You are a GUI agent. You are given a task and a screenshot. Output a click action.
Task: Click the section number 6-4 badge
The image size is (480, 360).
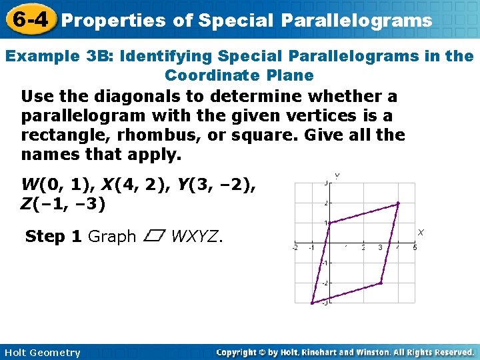coord(28,19)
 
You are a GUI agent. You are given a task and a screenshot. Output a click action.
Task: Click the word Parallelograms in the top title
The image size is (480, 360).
coord(357,21)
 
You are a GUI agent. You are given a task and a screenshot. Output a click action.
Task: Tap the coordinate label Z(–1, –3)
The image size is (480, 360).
coord(63,204)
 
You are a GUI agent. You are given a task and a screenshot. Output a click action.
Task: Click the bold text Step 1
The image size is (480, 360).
coord(54,237)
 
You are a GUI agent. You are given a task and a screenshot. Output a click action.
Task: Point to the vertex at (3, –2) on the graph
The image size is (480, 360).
coord(380,283)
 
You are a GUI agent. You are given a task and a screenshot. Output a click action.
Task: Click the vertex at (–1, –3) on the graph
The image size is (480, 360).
coord(311,303)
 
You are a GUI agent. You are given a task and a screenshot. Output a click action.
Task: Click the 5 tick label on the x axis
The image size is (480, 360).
coord(415,248)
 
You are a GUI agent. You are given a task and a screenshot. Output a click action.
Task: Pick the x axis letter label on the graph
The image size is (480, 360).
coord(421,231)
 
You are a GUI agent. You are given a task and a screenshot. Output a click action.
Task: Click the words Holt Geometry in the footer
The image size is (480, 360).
coord(42,353)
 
